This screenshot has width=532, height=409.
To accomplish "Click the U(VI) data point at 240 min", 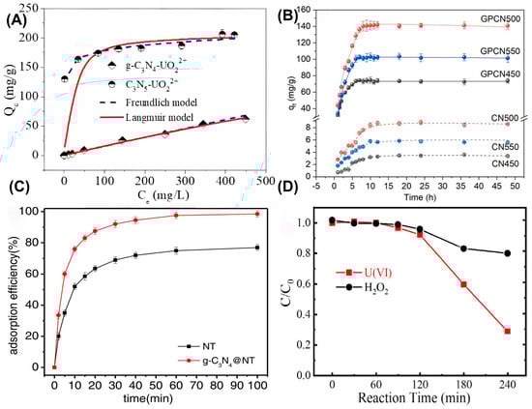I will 507,331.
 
